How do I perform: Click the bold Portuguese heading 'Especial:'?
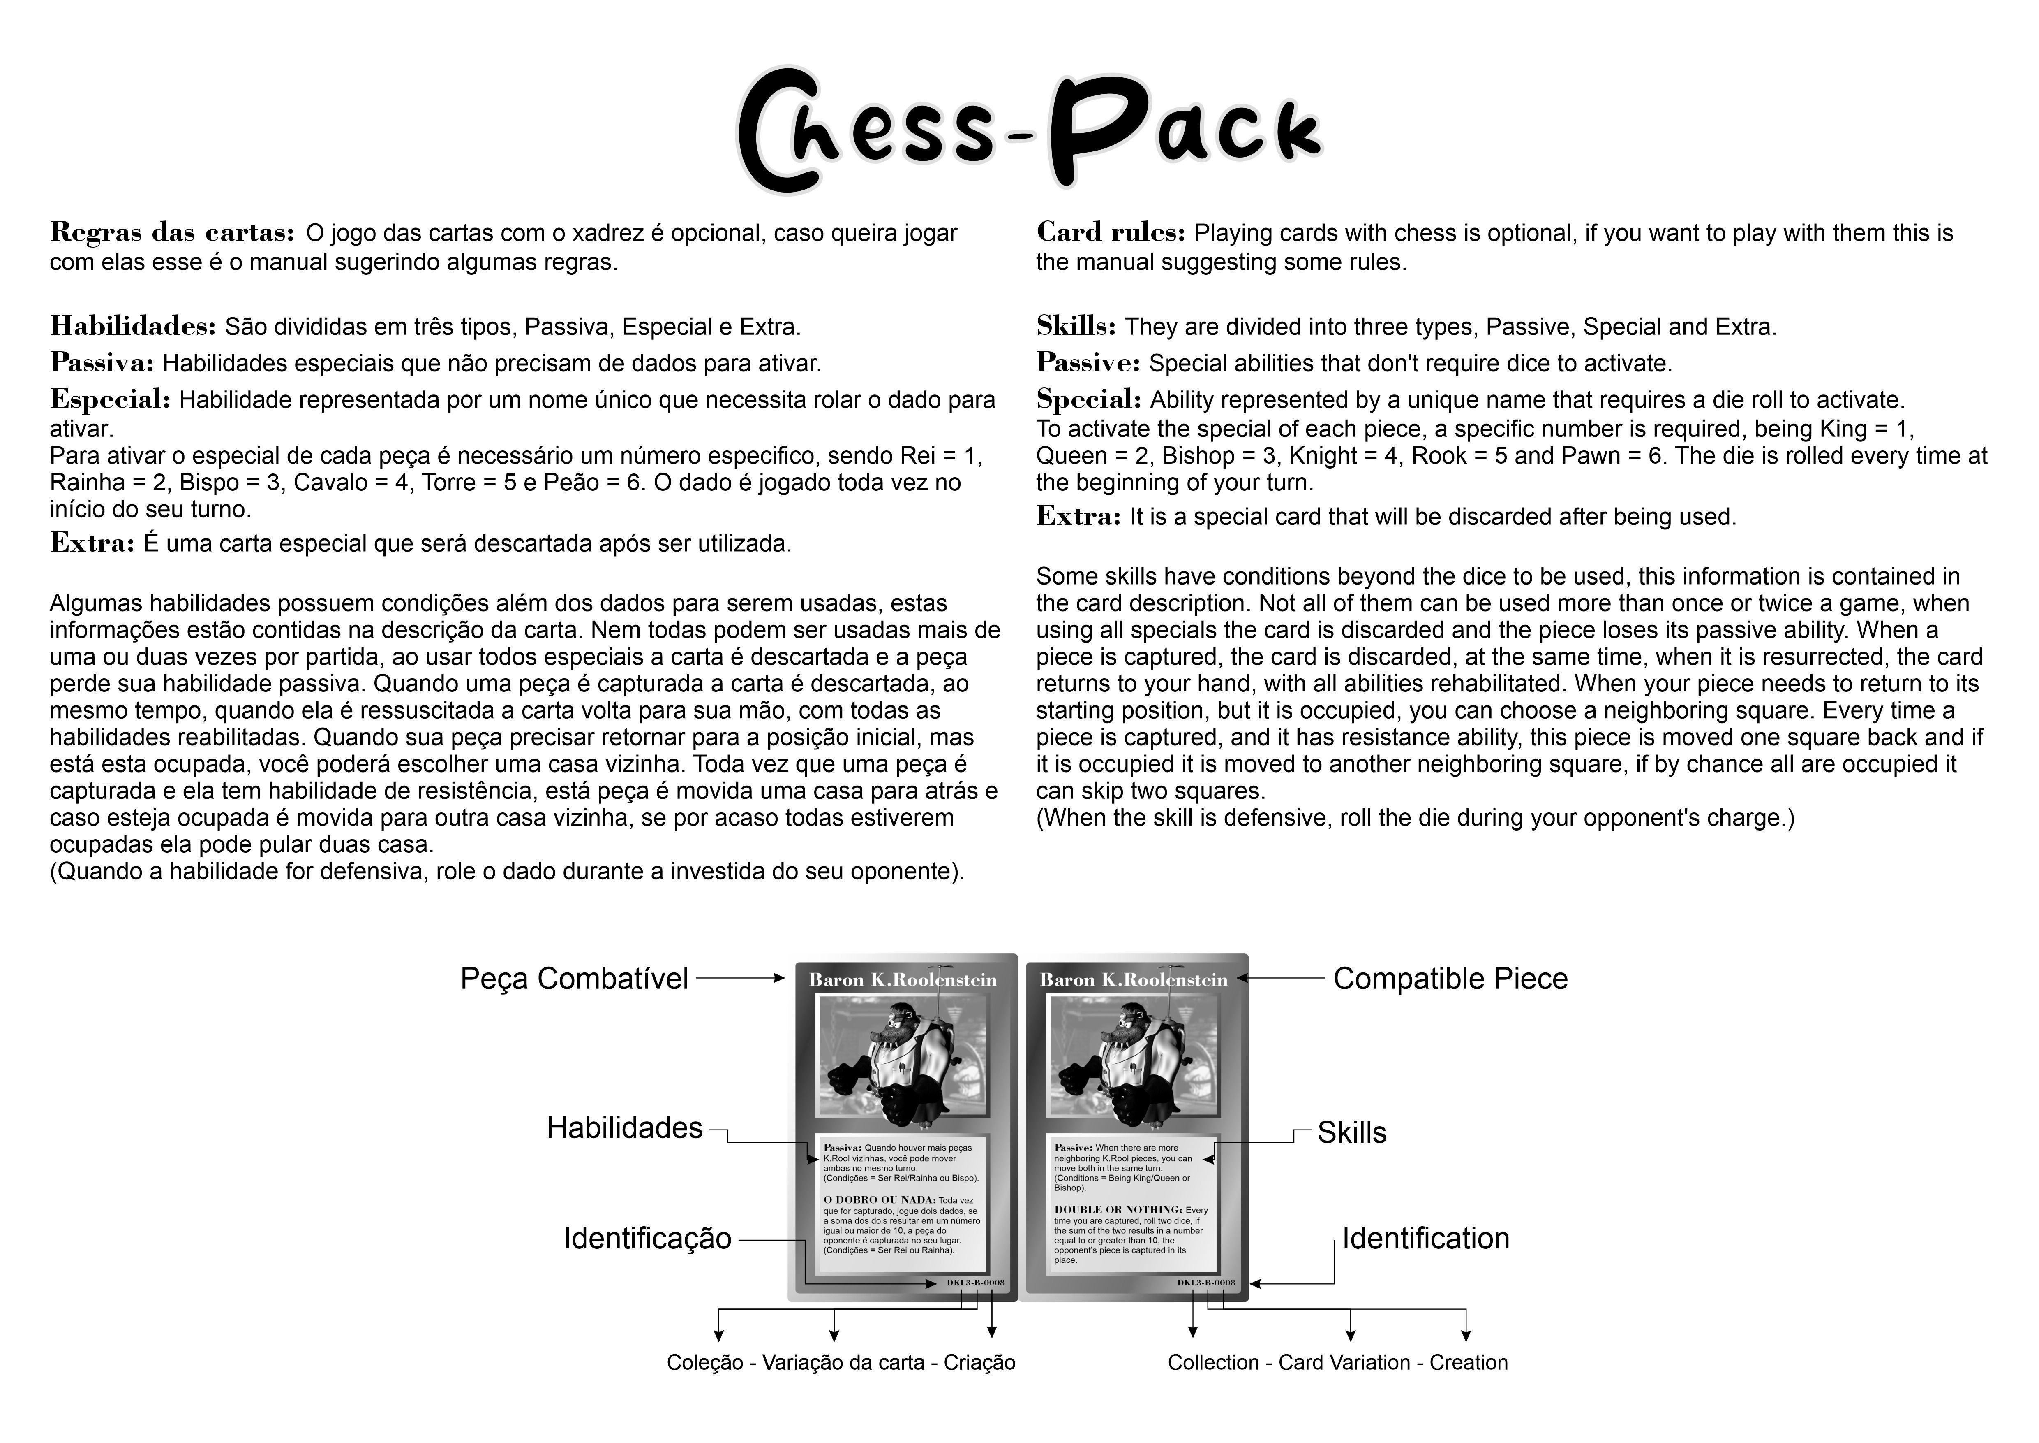tap(110, 400)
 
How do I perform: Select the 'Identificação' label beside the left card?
tap(647, 1239)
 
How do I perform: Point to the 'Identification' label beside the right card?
tap(1425, 1239)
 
